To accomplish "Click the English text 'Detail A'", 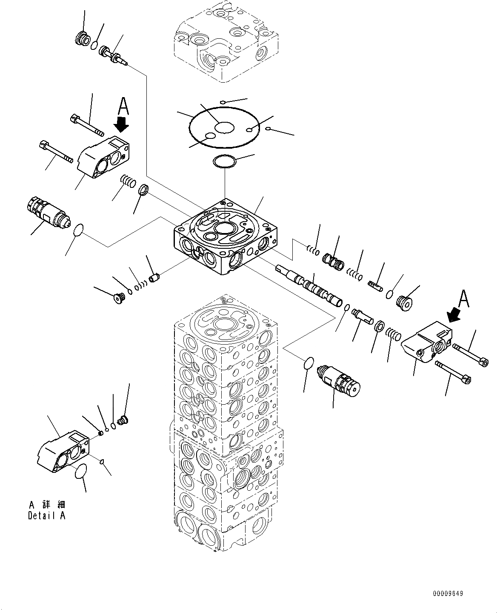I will click(x=47, y=516).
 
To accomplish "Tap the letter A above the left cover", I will click(x=123, y=106).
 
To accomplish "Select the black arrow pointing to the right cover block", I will click(x=454, y=316).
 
